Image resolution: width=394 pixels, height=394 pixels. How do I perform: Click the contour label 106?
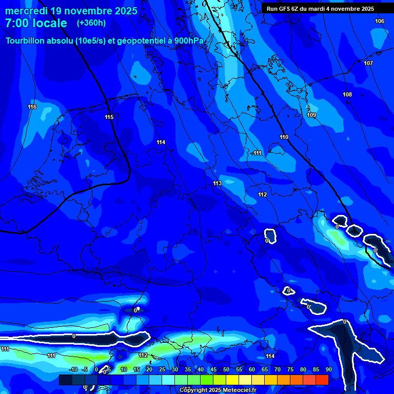[x=379, y=21]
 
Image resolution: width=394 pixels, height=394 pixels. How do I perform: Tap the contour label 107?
[x=368, y=63]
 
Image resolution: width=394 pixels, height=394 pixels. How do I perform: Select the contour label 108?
[x=347, y=95]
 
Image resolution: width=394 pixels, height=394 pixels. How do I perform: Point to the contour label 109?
[x=311, y=115]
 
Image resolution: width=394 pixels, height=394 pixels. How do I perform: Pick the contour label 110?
[x=284, y=137]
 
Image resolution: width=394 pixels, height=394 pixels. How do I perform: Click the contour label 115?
[x=109, y=117]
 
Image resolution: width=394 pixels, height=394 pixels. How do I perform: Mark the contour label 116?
[x=32, y=107]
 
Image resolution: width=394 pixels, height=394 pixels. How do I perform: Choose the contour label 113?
[x=217, y=183]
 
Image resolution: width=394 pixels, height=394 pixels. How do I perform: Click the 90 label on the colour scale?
[x=328, y=369]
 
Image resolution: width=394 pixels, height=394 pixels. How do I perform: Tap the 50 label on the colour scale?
[x=226, y=369]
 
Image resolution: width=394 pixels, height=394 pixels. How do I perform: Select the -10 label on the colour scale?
[x=73, y=369]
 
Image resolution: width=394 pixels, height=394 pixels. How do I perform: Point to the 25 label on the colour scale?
[x=162, y=369]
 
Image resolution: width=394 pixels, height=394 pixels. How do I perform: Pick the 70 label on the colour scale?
[x=277, y=369]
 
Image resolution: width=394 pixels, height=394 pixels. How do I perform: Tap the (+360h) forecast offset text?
[x=91, y=23]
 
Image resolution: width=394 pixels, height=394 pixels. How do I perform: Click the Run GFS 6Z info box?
[x=320, y=9]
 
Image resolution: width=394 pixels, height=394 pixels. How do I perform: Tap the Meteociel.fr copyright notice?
[x=218, y=390]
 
